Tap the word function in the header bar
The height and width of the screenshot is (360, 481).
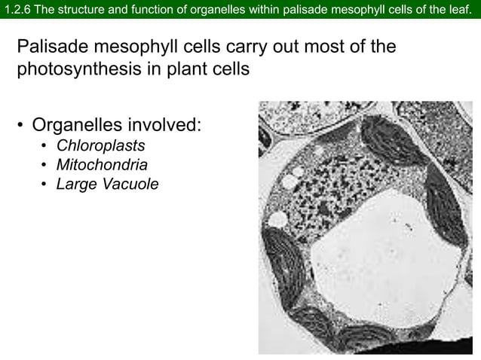[146, 9]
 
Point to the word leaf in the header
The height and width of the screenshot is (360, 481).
[463, 9]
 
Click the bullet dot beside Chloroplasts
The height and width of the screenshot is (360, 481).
[45, 145]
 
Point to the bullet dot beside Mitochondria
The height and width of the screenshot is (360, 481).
[45, 165]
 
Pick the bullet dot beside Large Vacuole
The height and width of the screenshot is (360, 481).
[45, 185]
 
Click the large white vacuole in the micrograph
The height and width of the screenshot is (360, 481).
[377, 249]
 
